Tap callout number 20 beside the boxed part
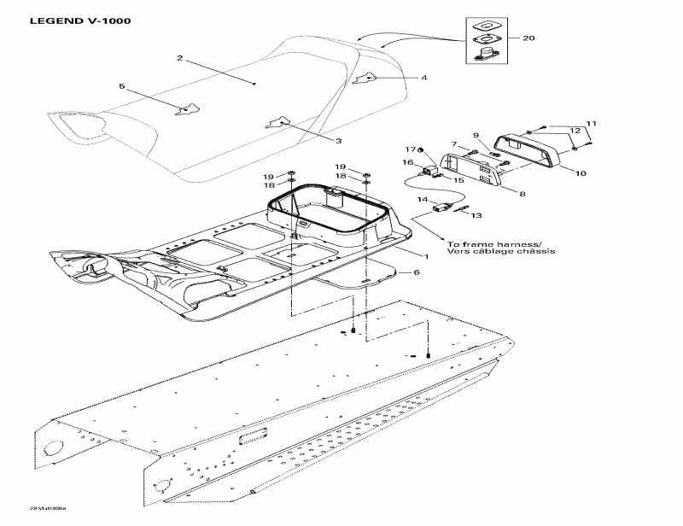coord(529,38)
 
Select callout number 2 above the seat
coord(180,58)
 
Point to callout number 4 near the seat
coord(423,78)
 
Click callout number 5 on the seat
coord(121,86)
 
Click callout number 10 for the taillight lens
coord(581,173)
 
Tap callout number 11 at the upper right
coord(591,123)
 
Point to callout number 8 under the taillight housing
coord(522,194)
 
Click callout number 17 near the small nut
coord(409,149)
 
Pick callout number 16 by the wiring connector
coord(408,162)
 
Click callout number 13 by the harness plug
coord(476,216)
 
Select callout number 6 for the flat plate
coord(417,272)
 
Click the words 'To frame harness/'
coord(489,243)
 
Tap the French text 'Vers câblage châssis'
coord(500,253)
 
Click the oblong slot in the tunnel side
coord(254,437)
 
